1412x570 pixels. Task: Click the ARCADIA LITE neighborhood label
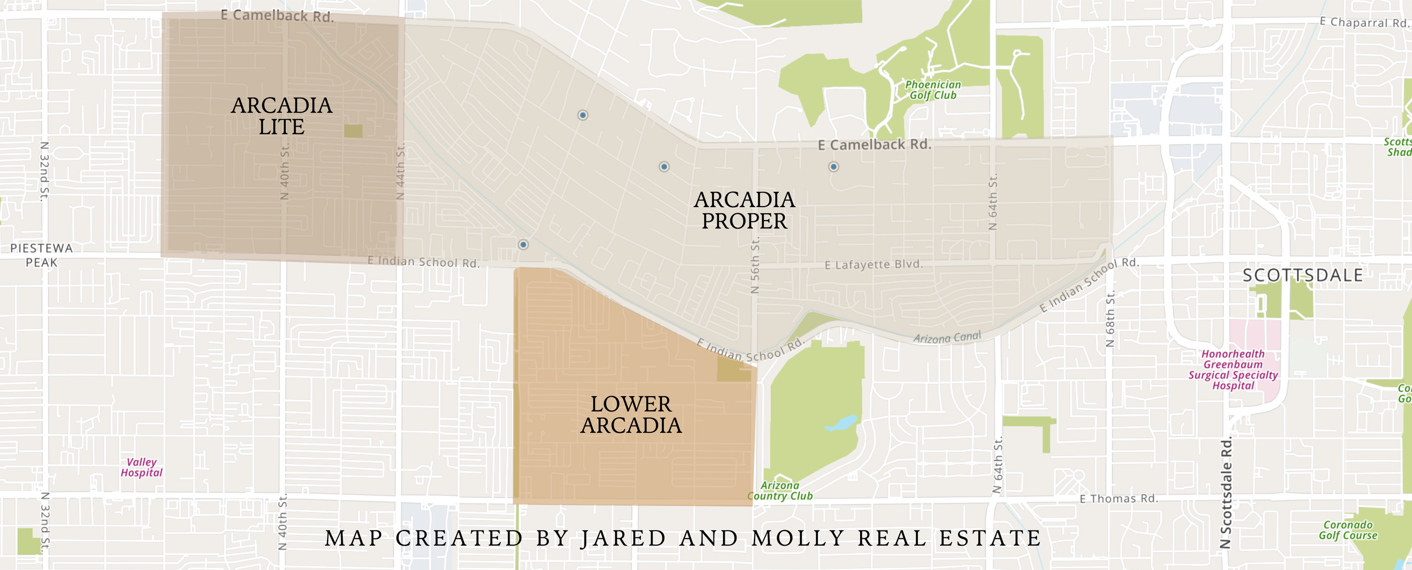click(x=281, y=116)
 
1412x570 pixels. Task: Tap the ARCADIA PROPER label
click(x=744, y=211)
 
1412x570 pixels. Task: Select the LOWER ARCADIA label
click(x=631, y=415)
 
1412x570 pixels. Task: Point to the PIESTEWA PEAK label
click(x=41, y=255)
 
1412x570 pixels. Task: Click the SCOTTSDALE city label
click(x=1302, y=275)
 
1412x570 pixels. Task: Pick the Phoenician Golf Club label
click(x=932, y=90)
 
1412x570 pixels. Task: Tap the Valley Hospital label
click(x=141, y=467)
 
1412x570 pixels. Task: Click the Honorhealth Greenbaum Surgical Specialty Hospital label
click(x=1233, y=370)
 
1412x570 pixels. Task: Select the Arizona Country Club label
click(x=779, y=491)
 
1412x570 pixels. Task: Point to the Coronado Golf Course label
click(x=1348, y=530)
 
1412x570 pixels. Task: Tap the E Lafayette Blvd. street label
click(x=873, y=265)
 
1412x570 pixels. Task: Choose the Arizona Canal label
click(x=947, y=337)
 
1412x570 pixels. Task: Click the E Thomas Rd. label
click(x=1119, y=499)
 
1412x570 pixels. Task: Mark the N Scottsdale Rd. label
click(x=1226, y=492)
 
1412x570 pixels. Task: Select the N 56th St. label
click(x=755, y=265)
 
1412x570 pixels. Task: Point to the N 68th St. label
click(x=1110, y=319)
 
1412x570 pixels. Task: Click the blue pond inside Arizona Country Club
click(x=842, y=423)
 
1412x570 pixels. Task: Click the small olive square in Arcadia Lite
click(x=353, y=131)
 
